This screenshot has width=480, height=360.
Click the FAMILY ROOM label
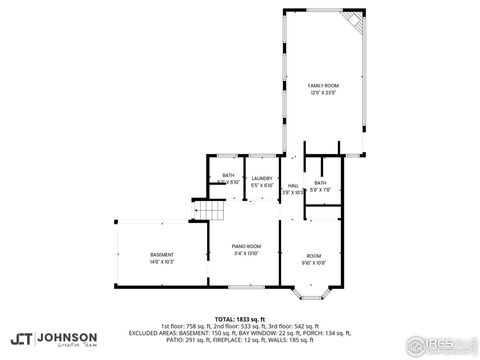322,86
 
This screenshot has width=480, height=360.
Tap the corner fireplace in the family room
350,21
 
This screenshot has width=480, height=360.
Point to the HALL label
293,185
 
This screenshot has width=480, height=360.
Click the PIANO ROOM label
246,245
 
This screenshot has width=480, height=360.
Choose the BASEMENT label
161,254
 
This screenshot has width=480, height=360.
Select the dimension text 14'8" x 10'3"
161,262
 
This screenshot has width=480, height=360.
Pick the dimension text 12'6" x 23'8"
322,93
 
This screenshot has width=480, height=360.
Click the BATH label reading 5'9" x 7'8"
320,183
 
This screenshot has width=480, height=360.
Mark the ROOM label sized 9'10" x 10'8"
314,255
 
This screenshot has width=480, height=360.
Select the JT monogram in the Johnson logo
19,338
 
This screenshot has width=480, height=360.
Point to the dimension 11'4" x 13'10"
246,252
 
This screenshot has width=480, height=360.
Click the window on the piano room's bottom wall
246,288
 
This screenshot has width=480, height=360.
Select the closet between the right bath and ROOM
324,212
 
